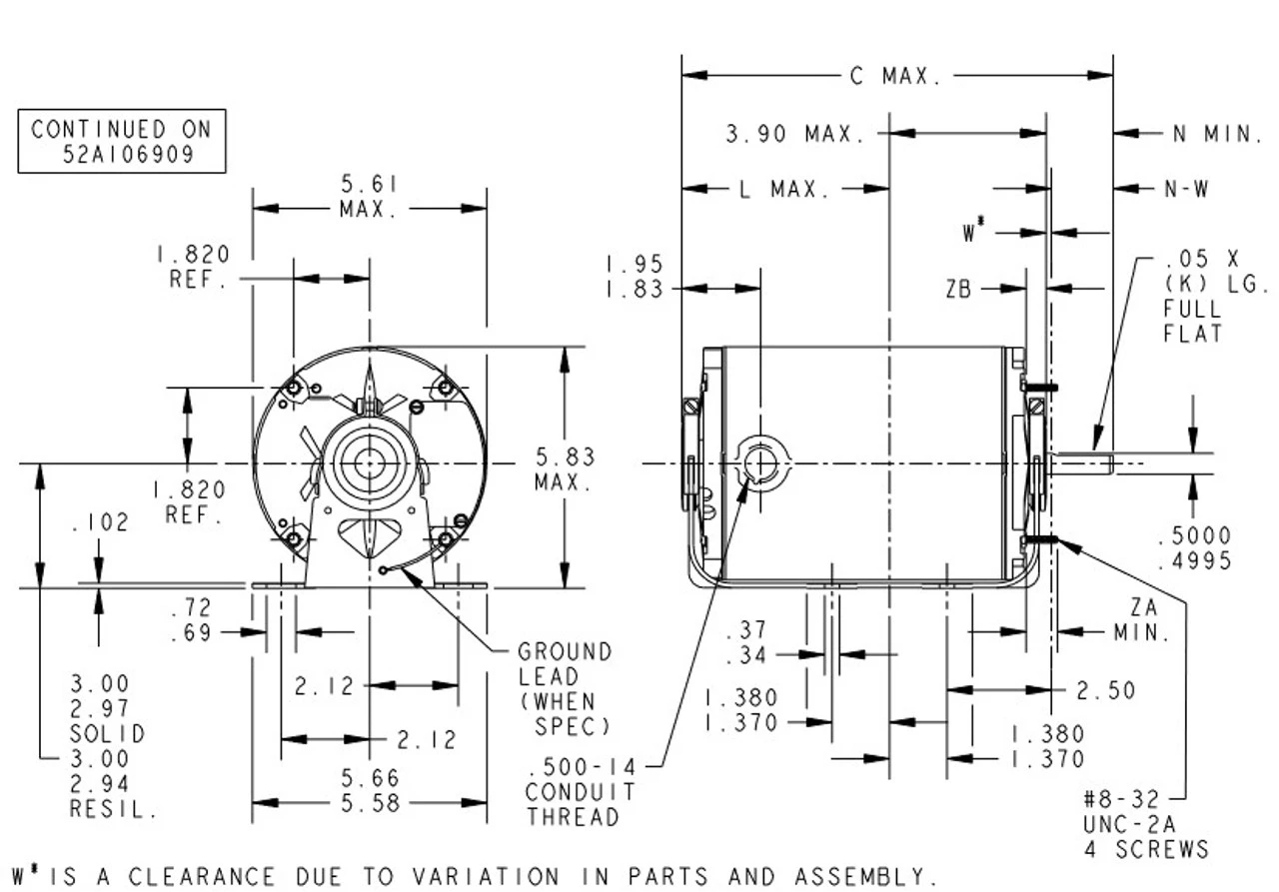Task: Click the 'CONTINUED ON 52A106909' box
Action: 122,141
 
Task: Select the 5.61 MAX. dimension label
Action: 369,197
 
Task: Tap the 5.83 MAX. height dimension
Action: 565,469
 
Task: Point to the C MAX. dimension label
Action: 894,77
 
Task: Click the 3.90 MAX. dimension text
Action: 795,134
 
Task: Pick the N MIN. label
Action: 1216,134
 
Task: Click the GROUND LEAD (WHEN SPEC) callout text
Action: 565,689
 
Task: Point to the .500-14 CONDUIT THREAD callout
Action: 581,792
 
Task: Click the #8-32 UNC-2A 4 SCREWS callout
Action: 1145,824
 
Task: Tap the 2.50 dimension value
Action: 1106,690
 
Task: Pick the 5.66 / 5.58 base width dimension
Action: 369,790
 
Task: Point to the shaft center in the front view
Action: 370,463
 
